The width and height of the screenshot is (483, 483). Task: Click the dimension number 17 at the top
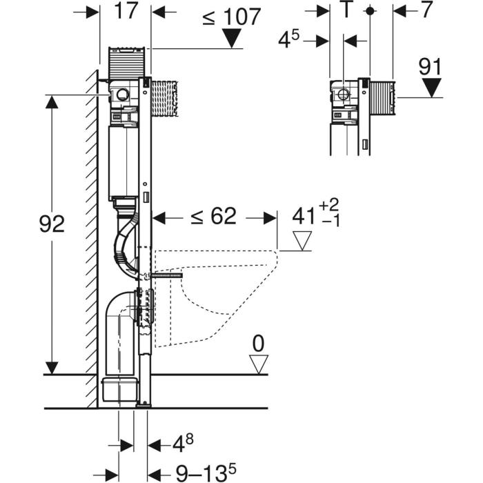coord(126,13)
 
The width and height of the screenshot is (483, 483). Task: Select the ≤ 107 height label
coord(231,17)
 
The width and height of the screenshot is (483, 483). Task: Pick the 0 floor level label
coord(259,342)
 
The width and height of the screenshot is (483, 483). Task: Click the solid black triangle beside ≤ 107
coord(232,39)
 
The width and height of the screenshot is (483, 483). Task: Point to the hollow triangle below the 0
coord(259,364)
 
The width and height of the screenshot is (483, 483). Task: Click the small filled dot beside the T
coord(370,11)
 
